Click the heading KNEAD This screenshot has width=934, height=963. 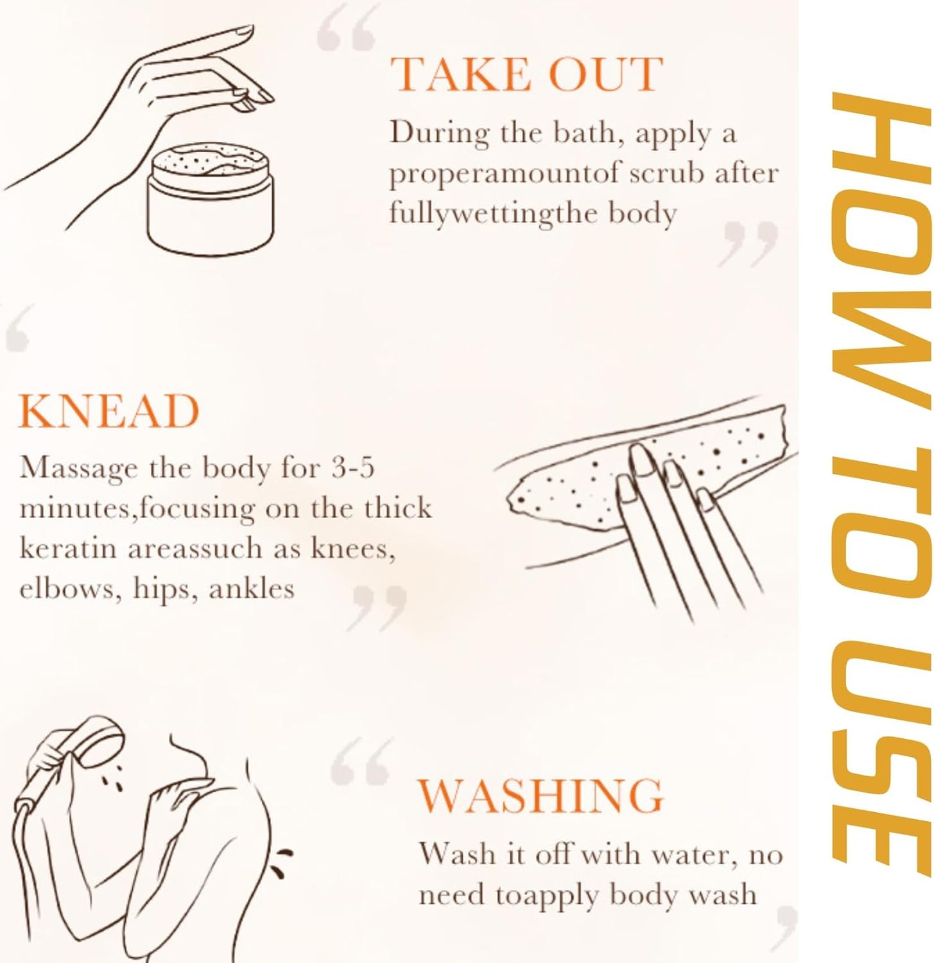tap(109, 411)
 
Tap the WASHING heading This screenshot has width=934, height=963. tap(541, 795)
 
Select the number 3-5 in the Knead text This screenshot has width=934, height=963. tap(352, 467)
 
